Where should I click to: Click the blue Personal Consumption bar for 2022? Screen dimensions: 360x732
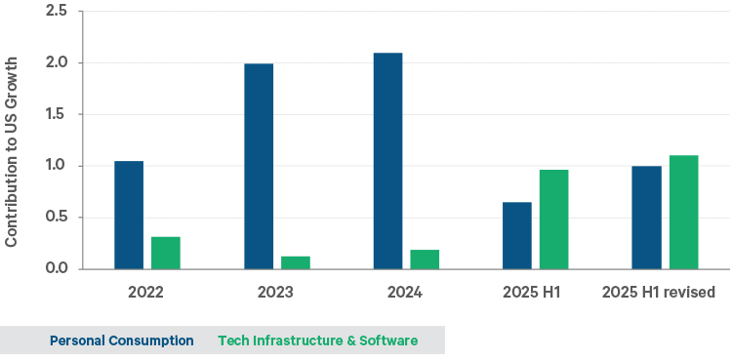[x=129, y=215]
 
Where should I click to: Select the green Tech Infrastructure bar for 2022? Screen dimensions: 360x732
[x=166, y=253]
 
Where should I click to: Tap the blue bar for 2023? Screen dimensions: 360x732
[x=259, y=166]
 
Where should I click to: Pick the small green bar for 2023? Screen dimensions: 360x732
[x=296, y=262]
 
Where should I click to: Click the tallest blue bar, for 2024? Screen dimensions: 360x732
[x=387, y=161]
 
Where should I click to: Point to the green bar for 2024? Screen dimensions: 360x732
[x=425, y=259]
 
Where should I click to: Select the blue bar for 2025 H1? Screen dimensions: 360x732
[x=517, y=235]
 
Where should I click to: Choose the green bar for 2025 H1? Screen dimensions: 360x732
[x=554, y=220]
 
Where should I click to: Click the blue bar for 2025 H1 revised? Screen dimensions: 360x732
[x=646, y=218]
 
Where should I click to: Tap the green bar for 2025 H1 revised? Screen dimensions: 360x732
[x=683, y=212]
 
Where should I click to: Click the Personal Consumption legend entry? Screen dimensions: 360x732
[x=121, y=340]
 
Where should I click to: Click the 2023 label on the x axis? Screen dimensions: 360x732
[x=275, y=292]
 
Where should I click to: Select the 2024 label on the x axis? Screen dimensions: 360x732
[x=406, y=292]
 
